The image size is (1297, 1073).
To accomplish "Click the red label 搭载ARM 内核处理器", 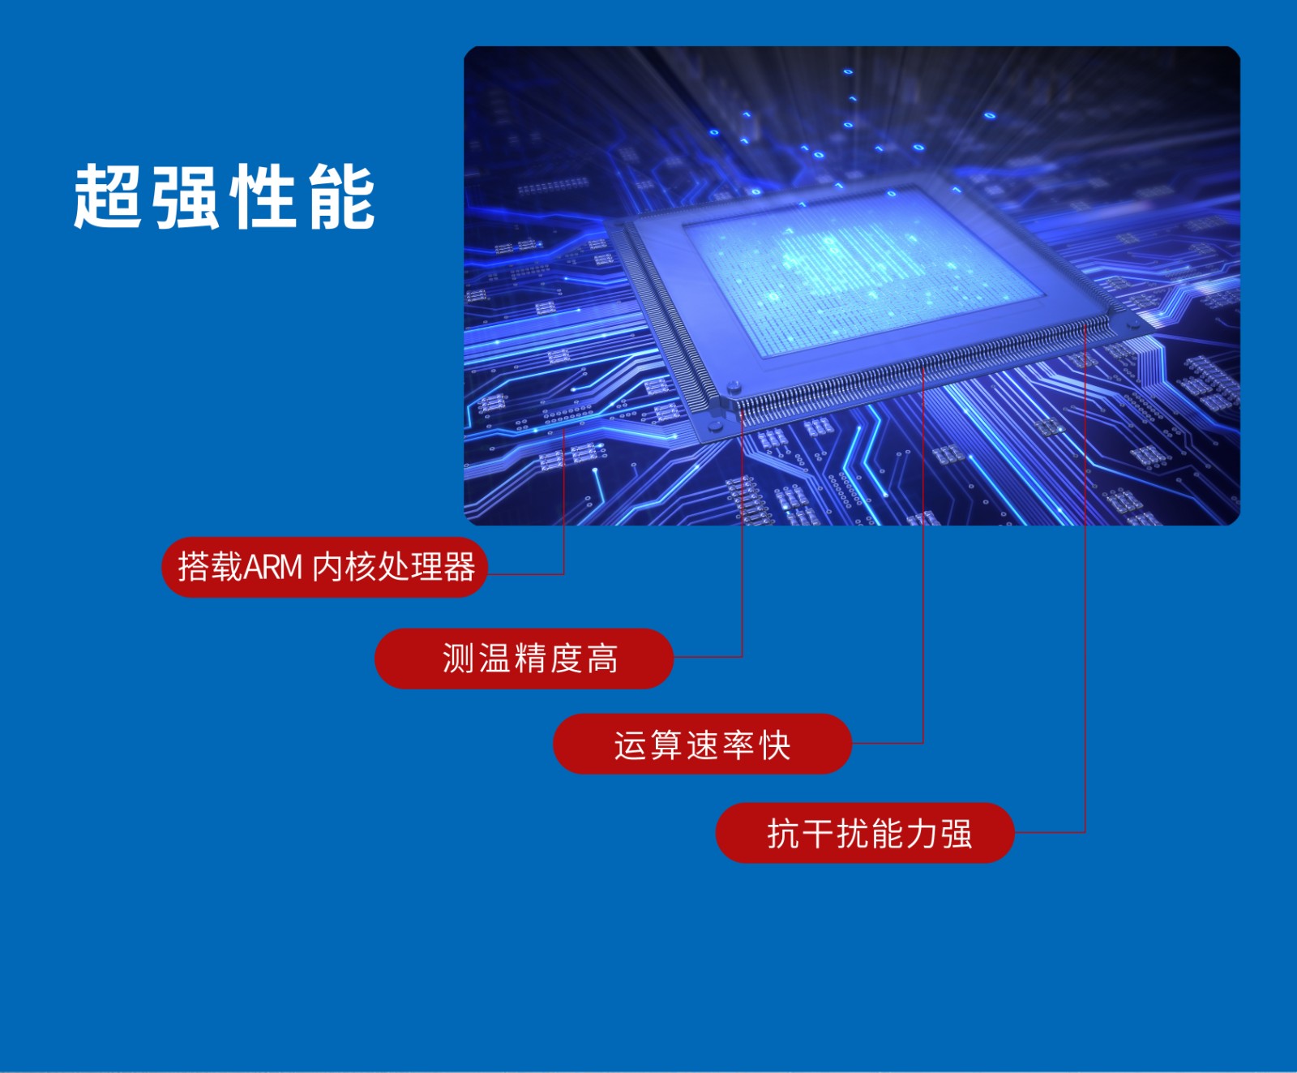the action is [x=324, y=567].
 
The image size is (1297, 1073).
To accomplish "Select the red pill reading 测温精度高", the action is [x=524, y=659].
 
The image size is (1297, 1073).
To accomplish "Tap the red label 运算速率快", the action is [x=702, y=744].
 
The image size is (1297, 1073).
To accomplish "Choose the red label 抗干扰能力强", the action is [x=865, y=833].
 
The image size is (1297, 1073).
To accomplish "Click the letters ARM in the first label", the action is [x=272, y=568].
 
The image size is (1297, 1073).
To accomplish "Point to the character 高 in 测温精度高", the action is [x=602, y=659].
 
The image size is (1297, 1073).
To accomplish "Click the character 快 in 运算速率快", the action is [x=775, y=745].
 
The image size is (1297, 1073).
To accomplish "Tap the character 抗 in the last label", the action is [x=783, y=834].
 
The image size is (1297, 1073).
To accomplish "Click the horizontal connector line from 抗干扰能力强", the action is [x=1050, y=832].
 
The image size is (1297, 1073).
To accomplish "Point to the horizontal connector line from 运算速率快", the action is [x=888, y=743].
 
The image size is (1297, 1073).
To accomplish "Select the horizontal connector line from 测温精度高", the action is [x=708, y=657].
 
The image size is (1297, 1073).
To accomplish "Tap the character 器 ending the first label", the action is [x=460, y=568].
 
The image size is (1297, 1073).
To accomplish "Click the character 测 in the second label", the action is [x=458, y=659].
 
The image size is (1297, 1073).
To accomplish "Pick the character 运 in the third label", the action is [x=630, y=745].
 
